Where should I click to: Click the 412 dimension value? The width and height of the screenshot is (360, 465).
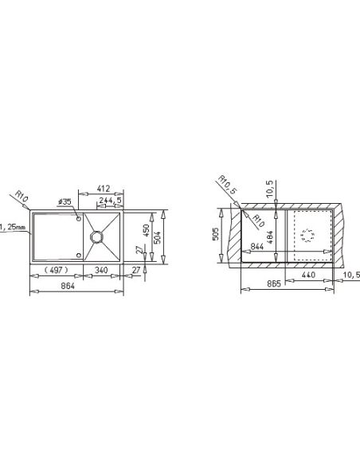[x=104, y=189]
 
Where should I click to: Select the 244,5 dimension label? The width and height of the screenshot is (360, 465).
[x=111, y=201]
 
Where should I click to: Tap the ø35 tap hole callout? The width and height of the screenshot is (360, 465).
[x=65, y=202]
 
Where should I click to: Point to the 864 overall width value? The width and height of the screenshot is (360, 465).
[x=68, y=286]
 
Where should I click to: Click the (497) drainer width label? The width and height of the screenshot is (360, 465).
[x=56, y=270]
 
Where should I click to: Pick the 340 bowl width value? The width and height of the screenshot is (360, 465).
[x=101, y=270]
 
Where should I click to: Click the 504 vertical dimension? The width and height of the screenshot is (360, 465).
[x=158, y=237]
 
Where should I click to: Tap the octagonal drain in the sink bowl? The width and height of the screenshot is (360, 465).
[x=97, y=237]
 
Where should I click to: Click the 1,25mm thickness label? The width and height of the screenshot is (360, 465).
[x=13, y=228]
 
